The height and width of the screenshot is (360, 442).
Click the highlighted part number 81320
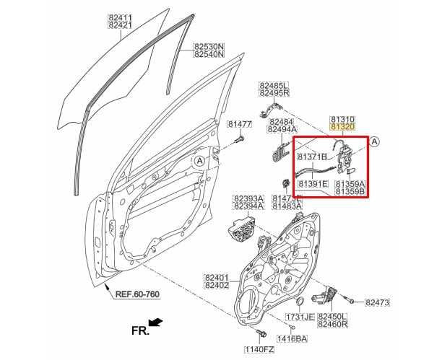point(342,126)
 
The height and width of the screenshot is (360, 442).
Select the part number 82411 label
point(120,16)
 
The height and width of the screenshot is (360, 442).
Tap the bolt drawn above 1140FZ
point(258,333)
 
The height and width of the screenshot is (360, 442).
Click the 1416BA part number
point(292,338)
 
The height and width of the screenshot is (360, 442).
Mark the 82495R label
point(274,93)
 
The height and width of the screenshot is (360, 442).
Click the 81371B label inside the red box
point(312,156)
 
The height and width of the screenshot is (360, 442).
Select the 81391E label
point(313,185)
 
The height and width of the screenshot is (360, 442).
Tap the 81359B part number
point(350,193)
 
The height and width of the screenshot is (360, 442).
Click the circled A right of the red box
point(375,143)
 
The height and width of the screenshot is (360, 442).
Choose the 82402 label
point(216,286)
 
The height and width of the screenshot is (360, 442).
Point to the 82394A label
point(248,206)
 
